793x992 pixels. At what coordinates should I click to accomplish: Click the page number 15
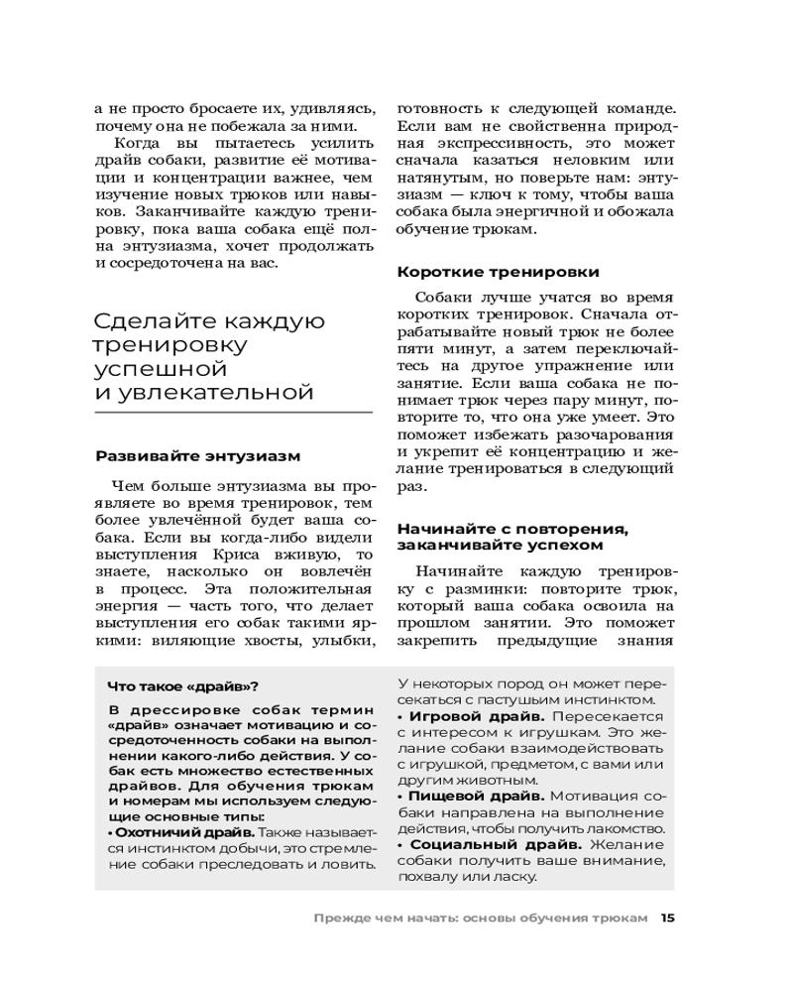(667, 918)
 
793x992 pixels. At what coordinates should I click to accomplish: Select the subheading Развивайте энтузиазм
(197, 455)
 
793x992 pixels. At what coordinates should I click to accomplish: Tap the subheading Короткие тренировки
(498, 271)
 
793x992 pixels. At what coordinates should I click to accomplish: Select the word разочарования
(621, 434)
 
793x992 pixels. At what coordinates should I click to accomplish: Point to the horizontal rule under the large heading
(233, 412)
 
